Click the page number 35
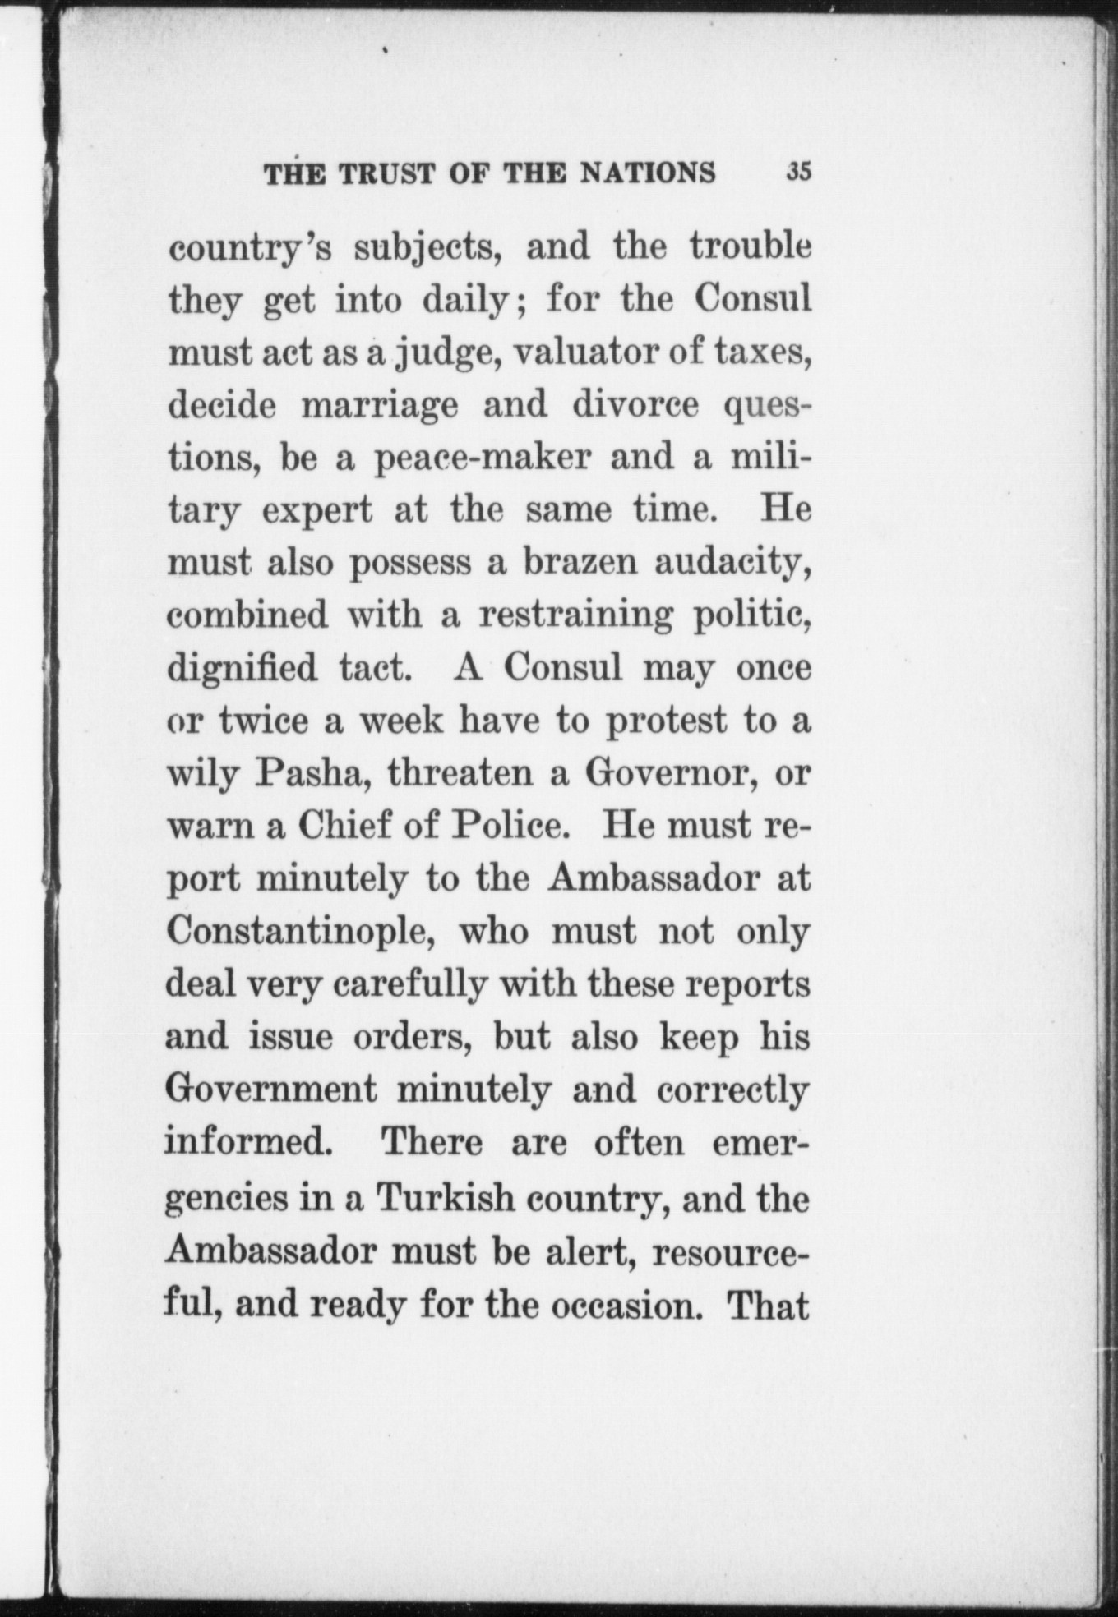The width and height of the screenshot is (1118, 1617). click(798, 173)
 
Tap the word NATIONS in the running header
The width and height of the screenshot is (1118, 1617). click(648, 173)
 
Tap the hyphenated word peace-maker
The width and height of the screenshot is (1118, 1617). click(483, 458)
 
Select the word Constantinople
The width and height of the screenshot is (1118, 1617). click(301, 932)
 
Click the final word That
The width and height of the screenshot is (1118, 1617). click(768, 1304)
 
